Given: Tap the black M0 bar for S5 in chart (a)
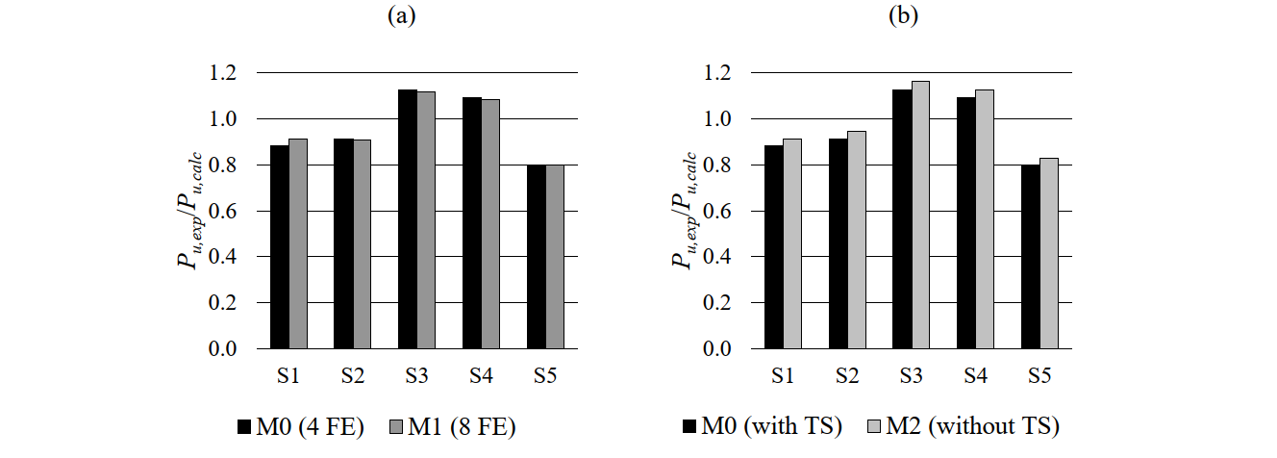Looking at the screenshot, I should pyautogui.click(x=536, y=257).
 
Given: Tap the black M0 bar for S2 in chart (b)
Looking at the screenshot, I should pyautogui.click(x=837, y=243).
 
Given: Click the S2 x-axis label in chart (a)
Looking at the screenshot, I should pyautogui.click(x=353, y=376).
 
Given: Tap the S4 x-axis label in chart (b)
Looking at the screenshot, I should pyautogui.click(x=974, y=376).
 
